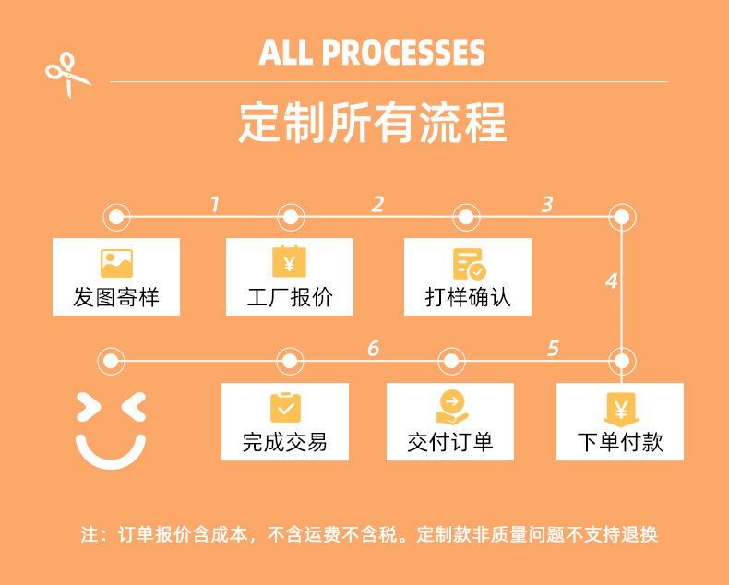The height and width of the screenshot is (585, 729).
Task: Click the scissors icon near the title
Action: pos(68,74)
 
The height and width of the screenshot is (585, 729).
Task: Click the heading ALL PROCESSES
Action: pos(372,53)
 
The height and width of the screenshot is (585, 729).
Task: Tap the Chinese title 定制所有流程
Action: pos(372,124)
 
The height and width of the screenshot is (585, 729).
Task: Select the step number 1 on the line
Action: pos(215,204)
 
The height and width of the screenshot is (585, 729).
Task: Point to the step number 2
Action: pos(376,204)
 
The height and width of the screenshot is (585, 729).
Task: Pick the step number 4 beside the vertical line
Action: pos(610,281)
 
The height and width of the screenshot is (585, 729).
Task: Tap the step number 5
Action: pos(553,348)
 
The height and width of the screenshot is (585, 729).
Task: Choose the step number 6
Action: pos(373,348)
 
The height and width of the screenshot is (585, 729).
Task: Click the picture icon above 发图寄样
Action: pos(116,263)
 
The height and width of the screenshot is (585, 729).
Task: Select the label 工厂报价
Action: pos(290,297)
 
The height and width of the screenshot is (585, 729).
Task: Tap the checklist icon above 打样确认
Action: pos(469,263)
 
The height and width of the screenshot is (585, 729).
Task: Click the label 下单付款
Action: pos(620,442)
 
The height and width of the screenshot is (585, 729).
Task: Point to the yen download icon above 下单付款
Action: pos(620,408)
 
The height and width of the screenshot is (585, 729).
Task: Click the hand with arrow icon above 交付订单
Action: pos(451,407)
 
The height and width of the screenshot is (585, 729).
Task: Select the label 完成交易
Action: pos(285,442)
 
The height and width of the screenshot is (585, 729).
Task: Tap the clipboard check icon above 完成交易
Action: pos(285,407)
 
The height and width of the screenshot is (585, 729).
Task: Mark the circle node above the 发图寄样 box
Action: pos(116,218)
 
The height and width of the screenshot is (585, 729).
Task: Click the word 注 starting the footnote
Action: pos(89,535)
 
